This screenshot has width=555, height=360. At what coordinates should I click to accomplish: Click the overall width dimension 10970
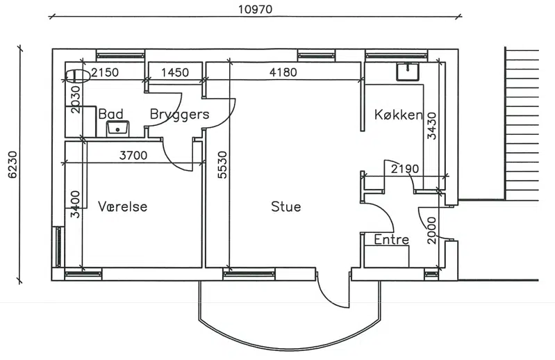click(x=255, y=9)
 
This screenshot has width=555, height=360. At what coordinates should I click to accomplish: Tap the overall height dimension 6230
click(x=13, y=165)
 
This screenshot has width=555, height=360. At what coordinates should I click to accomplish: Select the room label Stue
click(x=286, y=206)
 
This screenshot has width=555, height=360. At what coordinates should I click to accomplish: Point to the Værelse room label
click(x=122, y=206)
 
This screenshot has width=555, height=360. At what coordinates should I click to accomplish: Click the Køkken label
click(x=399, y=115)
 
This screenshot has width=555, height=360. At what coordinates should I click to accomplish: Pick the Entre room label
click(x=392, y=240)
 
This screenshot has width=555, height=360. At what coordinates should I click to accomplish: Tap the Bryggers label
click(x=179, y=115)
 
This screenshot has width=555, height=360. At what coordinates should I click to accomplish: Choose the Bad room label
click(x=110, y=114)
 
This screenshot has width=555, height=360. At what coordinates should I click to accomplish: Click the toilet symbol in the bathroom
click(x=78, y=76)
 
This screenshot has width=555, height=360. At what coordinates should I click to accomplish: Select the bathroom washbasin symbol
click(x=117, y=128)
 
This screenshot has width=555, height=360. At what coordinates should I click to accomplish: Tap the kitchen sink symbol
click(x=408, y=72)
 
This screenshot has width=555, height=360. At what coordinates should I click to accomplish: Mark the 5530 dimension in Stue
click(x=222, y=165)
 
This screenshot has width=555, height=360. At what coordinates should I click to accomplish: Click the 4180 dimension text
click(x=283, y=72)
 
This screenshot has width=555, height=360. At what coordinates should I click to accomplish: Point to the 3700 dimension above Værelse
click(x=133, y=156)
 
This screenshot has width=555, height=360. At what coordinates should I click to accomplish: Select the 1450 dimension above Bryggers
click(x=175, y=72)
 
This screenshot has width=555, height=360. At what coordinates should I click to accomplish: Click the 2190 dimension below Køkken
click(x=405, y=169)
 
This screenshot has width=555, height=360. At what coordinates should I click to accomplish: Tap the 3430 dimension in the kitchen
click(x=432, y=126)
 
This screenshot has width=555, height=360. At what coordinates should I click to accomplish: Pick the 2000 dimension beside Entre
click(x=432, y=231)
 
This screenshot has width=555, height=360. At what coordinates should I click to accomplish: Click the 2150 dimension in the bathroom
click(x=105, y=72)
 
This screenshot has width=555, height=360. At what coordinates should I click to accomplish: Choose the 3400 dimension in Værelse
click(x=75, y=204)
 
